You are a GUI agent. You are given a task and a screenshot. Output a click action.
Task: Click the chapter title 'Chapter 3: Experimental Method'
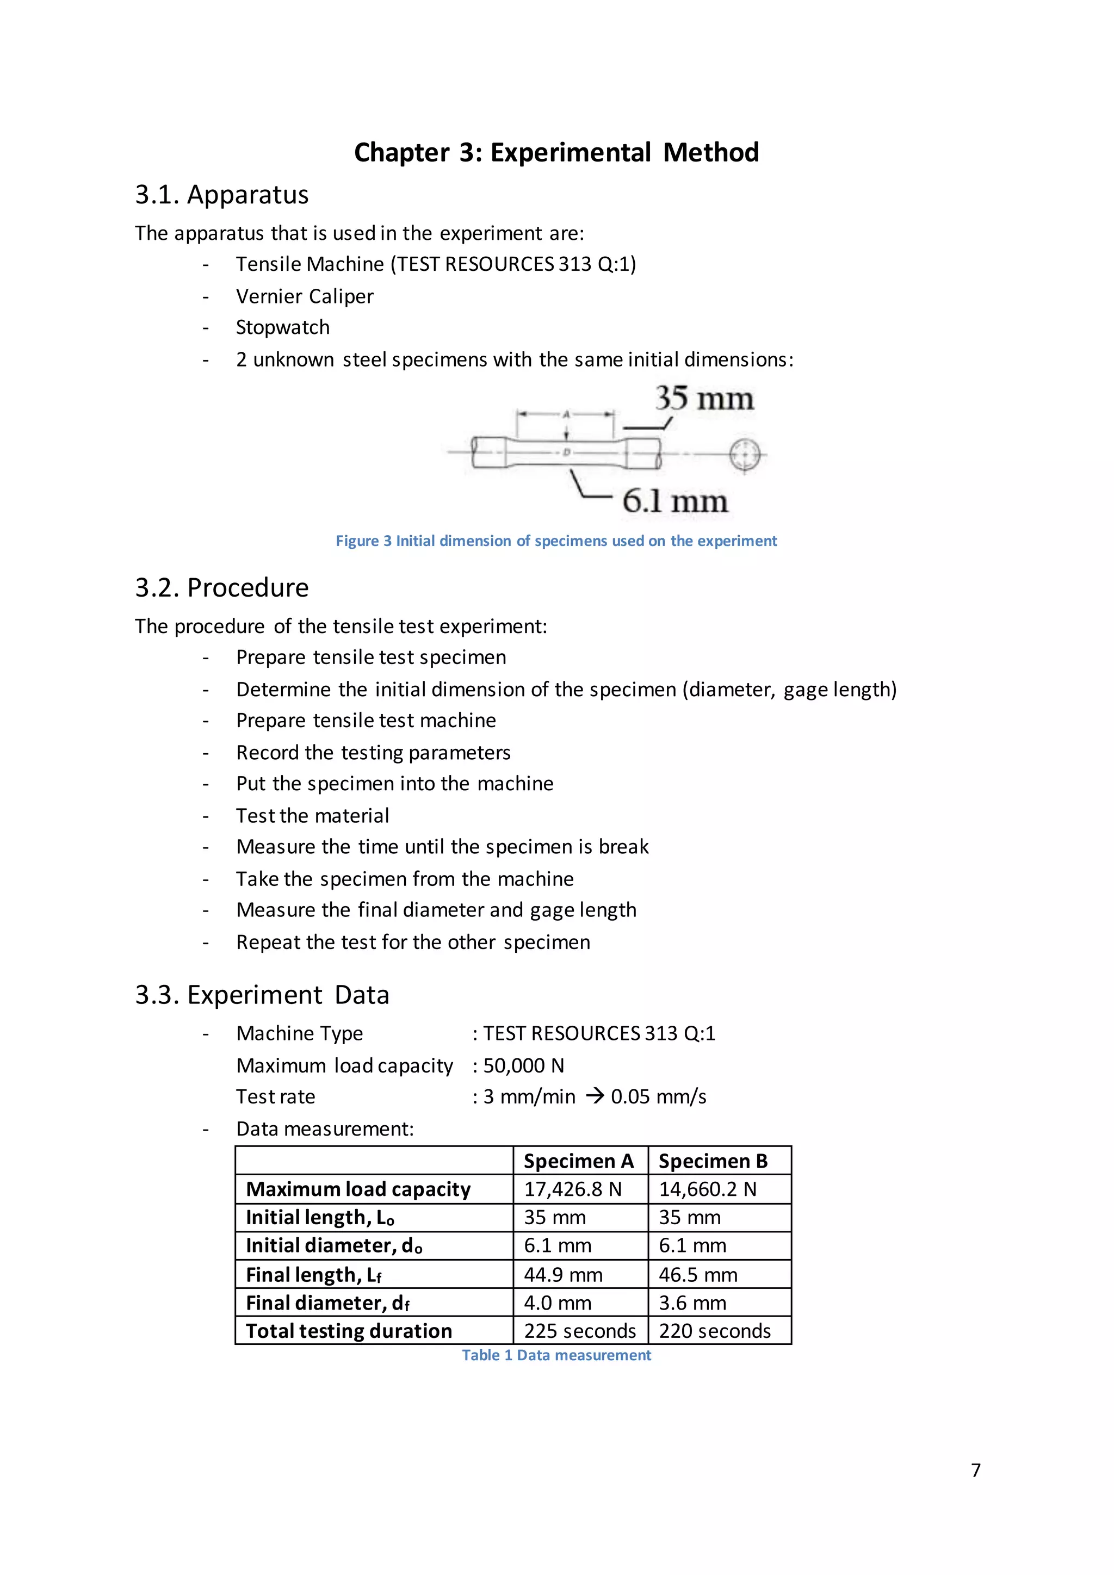pyautogui.click(x=556, y=152)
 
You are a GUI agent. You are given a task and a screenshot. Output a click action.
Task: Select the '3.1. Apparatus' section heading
pyautogui.click(x=221, y=195)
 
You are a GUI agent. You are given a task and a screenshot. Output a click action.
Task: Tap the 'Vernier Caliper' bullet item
pyautogui.click(x=305, y=296)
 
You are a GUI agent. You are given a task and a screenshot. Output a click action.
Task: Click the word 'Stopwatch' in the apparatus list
pyautogui.click(x=283, y=327)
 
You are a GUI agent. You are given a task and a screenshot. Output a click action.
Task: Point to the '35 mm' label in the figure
pyautogui.click(x=704, y=399)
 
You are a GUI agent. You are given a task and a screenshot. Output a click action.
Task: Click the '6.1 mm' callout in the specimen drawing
pyautogui.click(x=674, y=501)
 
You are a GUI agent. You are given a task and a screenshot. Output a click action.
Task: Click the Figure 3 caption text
pyautogui.click(x=556, y=541)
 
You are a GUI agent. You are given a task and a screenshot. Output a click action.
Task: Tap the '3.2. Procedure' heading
pyautogui.click(x=221, y=588)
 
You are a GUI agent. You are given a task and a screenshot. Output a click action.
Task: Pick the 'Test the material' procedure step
pyautogui.click(x=312, y=816)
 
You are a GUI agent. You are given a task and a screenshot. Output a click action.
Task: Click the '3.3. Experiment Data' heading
pyautogui.click(x=262, y=995)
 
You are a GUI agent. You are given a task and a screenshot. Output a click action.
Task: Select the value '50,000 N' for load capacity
pyautogui.click(x=524, y=1065)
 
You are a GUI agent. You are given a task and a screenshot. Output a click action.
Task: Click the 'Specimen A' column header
pyautogui.click(x=578, y=1161)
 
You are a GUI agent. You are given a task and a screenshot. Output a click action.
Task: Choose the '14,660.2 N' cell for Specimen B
pyautogui.click(x=707, y=1189)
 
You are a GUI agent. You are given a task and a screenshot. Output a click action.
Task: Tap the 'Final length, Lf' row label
pyautogui.click(x=313, y=1275)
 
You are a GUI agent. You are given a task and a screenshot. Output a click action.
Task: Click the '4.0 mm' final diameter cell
pyautogui.click(x=558, y=1303)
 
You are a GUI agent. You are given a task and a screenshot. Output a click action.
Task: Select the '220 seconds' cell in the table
pyautogui.click(x=715, y=1331)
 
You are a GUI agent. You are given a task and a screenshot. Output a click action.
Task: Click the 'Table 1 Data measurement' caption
pyautogui.click(x=556, y=1355)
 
